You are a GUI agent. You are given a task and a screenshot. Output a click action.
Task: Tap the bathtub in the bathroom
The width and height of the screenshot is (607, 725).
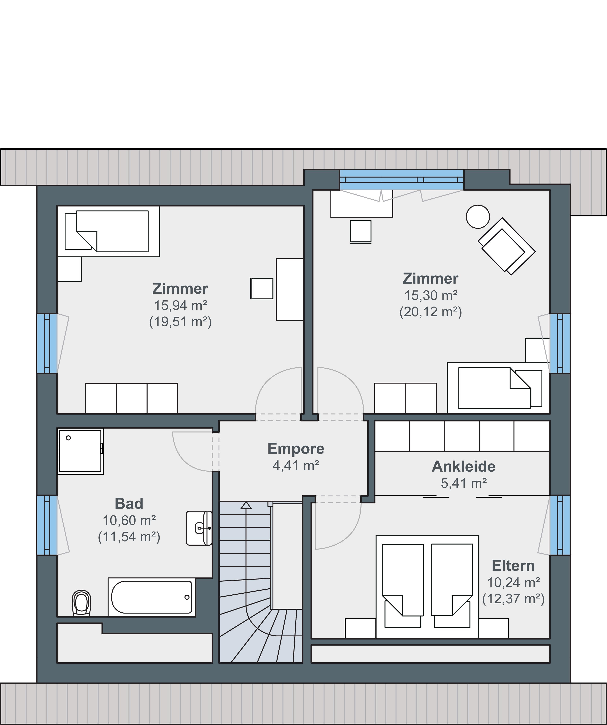[x=152, y=597]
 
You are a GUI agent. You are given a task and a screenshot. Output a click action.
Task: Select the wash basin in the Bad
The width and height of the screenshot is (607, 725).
[x=199, y=528]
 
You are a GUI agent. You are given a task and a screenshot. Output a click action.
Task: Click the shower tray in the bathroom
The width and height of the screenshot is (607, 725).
[x=80, y=451]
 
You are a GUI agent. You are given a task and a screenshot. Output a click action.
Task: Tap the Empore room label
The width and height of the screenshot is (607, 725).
[x=296, y=449]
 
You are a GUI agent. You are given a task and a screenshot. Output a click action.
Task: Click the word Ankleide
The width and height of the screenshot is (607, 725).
[x=463, y=466]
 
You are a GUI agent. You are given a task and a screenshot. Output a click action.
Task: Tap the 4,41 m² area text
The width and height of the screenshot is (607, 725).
[x=296, y=465]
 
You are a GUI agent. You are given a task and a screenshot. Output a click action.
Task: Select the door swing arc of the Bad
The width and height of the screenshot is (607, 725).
[x=186, y=459]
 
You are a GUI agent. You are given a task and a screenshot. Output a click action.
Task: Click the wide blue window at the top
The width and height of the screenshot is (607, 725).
[x=402, y=180]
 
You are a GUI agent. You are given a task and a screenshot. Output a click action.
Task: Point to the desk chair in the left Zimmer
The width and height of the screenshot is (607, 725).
[x=262, y=288]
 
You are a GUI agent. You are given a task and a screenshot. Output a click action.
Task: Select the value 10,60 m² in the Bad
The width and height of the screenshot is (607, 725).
[x=129, y=520]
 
